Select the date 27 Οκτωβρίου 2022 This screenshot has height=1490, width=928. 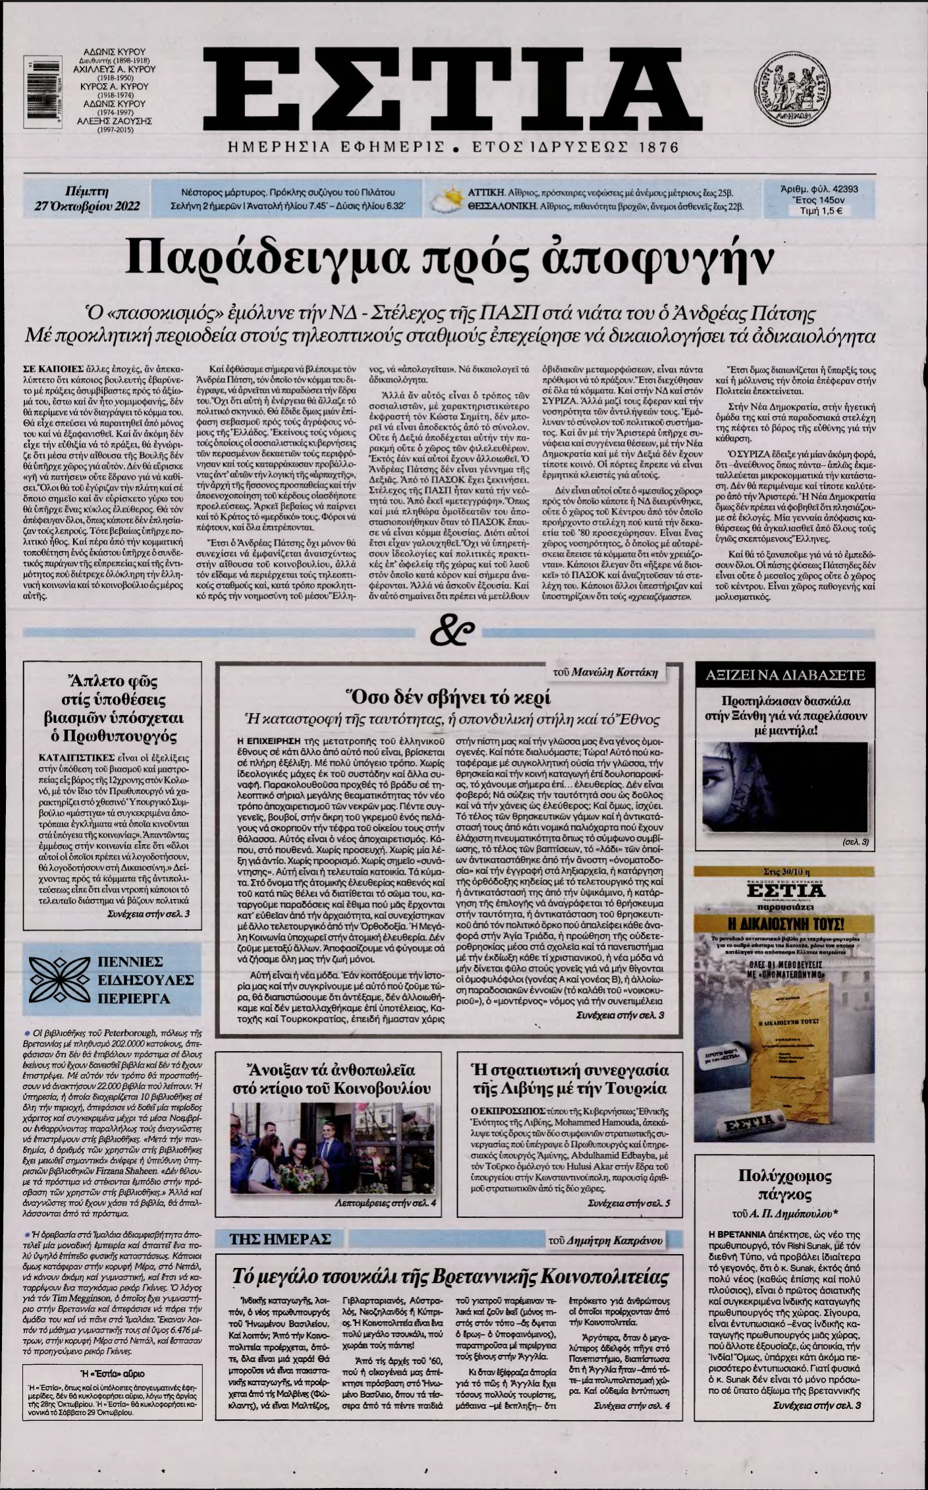(x=88, y=206)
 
